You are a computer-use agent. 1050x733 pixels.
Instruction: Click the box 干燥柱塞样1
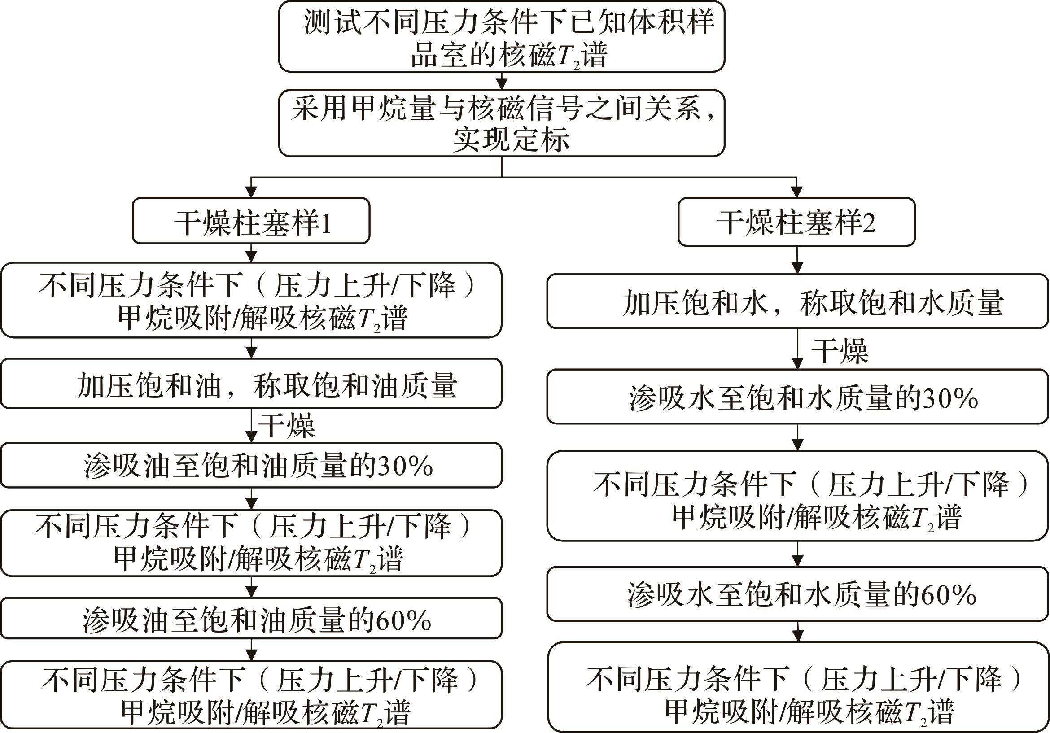tap(251, 221)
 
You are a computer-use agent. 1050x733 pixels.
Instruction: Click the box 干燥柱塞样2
tap(796, 222)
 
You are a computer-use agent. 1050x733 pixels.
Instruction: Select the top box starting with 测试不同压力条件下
tap(502, 37)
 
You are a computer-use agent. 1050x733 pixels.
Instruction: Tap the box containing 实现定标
tap(502, 123)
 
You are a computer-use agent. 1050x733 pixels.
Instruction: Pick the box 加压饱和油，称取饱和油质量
tap(251, 383)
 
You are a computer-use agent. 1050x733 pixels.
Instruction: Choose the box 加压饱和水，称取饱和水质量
tap(797, 301)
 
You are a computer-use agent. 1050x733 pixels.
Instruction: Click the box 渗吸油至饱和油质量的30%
tap(251, 466)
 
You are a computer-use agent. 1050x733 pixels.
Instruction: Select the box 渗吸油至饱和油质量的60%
tap(251, 618)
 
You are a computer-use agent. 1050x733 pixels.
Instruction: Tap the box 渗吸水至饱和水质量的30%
tap(797, 397)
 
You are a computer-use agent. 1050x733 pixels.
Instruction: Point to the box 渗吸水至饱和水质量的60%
tap(797, 594)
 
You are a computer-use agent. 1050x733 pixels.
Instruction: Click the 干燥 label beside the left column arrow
tap(287, 425)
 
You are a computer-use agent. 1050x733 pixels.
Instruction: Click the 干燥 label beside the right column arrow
tap(840, 351)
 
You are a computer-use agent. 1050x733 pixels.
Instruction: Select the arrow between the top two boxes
tap(502, 80)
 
